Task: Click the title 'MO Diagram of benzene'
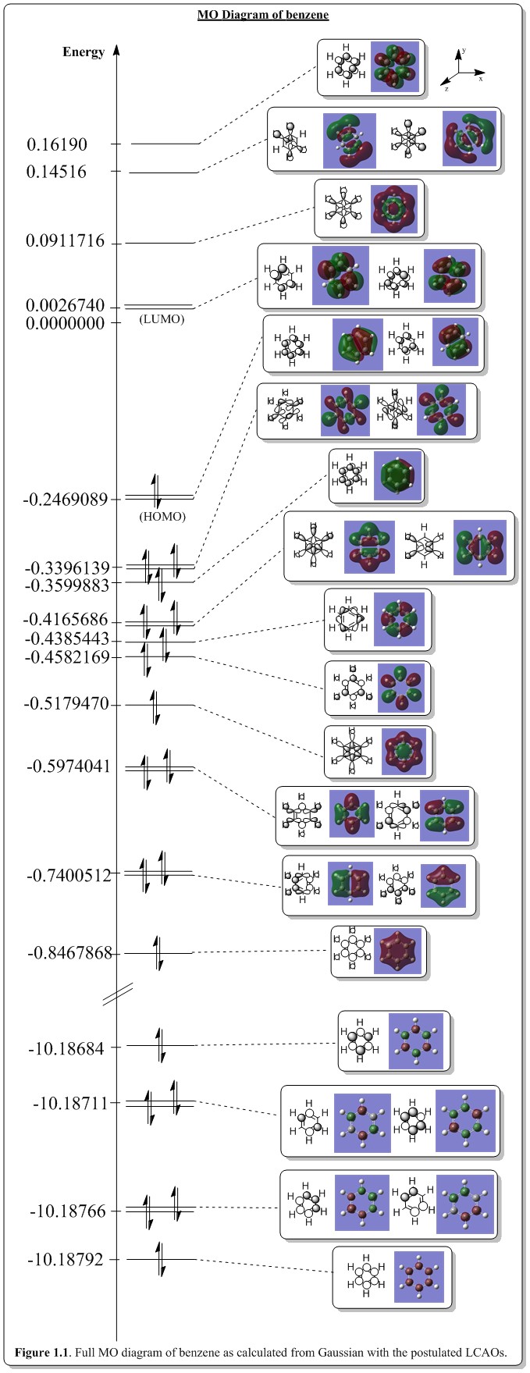tap(263, 15)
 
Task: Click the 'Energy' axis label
tap(84, 52)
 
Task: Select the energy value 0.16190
tap(57, 144)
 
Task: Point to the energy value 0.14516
tap(56, 172)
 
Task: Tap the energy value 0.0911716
tap(65, 241)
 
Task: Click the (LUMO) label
tap(162, 319)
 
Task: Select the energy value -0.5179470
tap(71, 705)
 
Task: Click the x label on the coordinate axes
tap(481, 79)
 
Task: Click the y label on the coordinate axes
tap(464, 50)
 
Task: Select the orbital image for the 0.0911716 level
tap(396, 208)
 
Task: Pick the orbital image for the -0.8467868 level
tap(400, 951)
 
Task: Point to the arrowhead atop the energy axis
tap(116, 48)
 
